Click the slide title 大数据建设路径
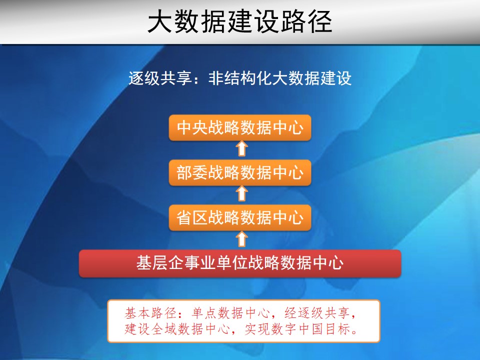(239, 21)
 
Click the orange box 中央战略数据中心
(240, 127)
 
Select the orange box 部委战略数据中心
(240, 172)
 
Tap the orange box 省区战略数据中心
(240, 217)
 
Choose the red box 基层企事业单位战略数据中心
(240, 263)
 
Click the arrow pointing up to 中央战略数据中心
(241, 148)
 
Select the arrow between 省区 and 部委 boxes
(241, 194)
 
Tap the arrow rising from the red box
(241, 239)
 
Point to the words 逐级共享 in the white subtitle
(160, 78)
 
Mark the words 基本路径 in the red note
(150, 313)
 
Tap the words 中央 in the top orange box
(193, 127)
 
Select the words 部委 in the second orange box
(193, 172)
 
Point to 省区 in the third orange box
(193, 217)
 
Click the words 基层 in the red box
(152, 263)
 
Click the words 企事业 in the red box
(192, 263)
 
